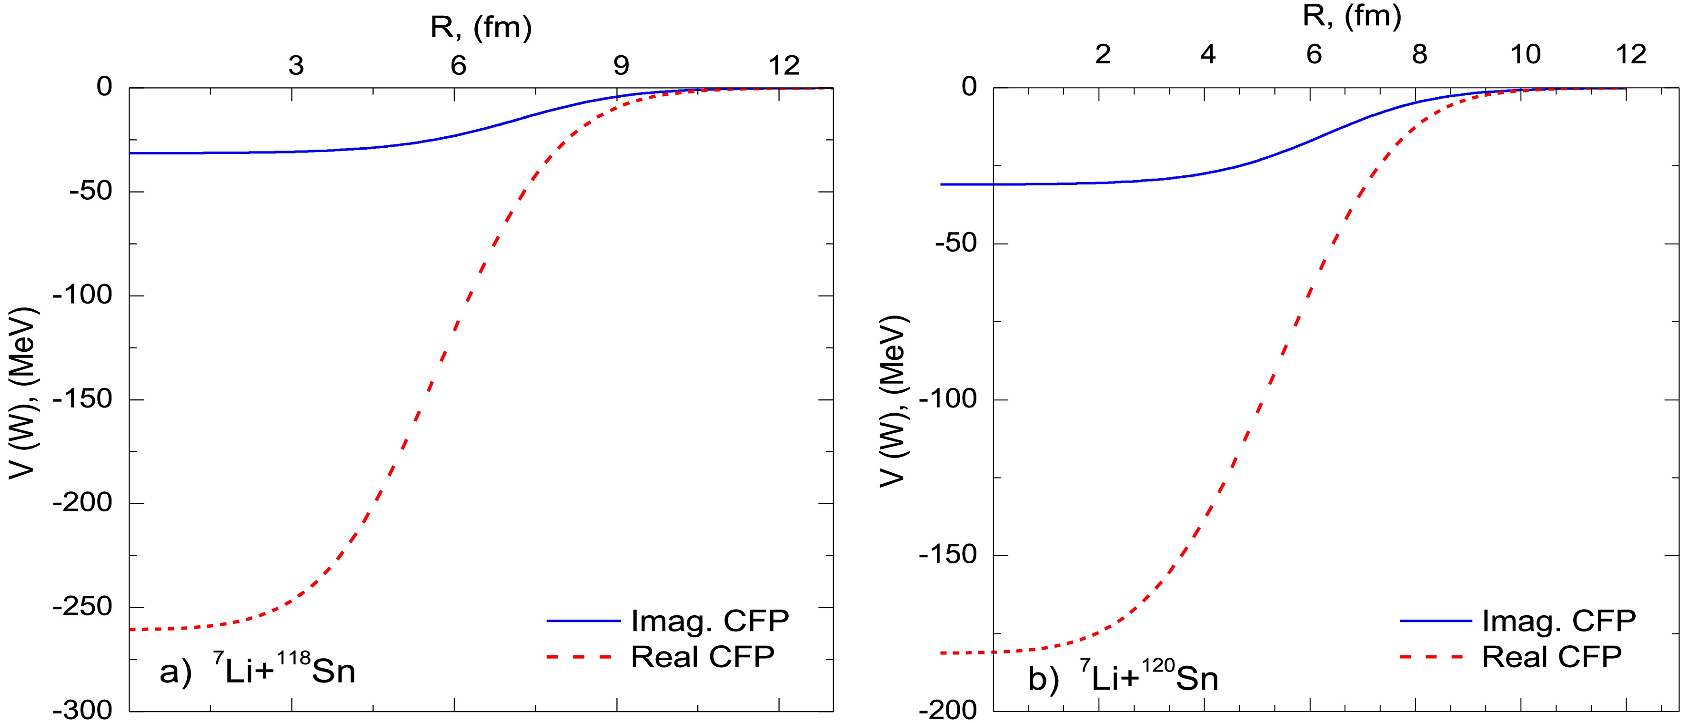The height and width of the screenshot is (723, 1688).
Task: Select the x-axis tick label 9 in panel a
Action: click(621, 66)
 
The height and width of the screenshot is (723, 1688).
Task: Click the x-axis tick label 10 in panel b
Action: click(1526, 54)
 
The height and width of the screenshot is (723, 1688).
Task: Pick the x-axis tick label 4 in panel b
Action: click(1208, 54)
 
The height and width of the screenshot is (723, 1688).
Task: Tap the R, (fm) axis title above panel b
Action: click(1351, 16)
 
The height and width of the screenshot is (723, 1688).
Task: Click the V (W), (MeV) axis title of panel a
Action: click(24, 393)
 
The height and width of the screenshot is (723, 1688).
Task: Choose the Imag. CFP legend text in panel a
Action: click(709, 620)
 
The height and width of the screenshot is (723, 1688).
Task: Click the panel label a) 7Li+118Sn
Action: click(258, 671)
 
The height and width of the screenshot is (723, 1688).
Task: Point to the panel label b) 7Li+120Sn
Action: click(1123, 678)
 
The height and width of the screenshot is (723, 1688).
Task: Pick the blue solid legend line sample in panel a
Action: click(583, 620)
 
